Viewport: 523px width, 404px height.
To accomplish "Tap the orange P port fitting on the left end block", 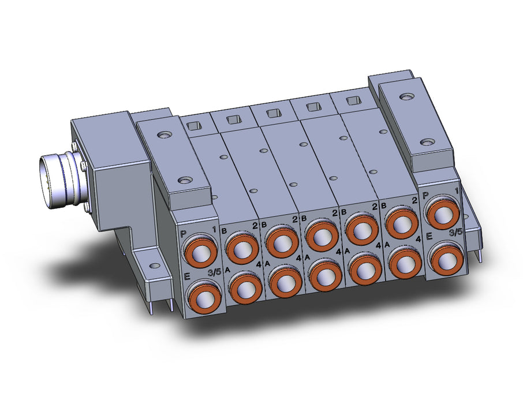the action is [201, 251].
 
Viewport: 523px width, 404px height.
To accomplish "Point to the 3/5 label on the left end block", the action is [214, 272].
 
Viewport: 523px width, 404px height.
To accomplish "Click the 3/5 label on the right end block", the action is [455, 233].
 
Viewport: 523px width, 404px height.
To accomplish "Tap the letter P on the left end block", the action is [183, 234].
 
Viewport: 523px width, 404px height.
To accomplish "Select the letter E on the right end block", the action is [429, 237].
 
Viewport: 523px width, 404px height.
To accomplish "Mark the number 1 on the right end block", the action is [456, 191].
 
